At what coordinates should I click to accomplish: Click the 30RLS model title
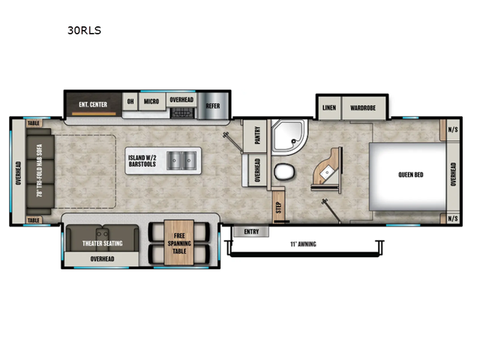pos(84,31)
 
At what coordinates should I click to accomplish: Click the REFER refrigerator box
pos(213,106)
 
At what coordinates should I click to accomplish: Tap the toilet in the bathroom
pos(284,172)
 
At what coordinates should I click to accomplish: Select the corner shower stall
pos(289,135)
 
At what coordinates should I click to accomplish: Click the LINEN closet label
pos(328,108)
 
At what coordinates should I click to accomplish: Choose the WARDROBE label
pos(363,108)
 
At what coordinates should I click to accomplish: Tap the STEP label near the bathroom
pos(277,205)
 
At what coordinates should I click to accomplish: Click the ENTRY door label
pos(251,232)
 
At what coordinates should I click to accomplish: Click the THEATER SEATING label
pos(102,243)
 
